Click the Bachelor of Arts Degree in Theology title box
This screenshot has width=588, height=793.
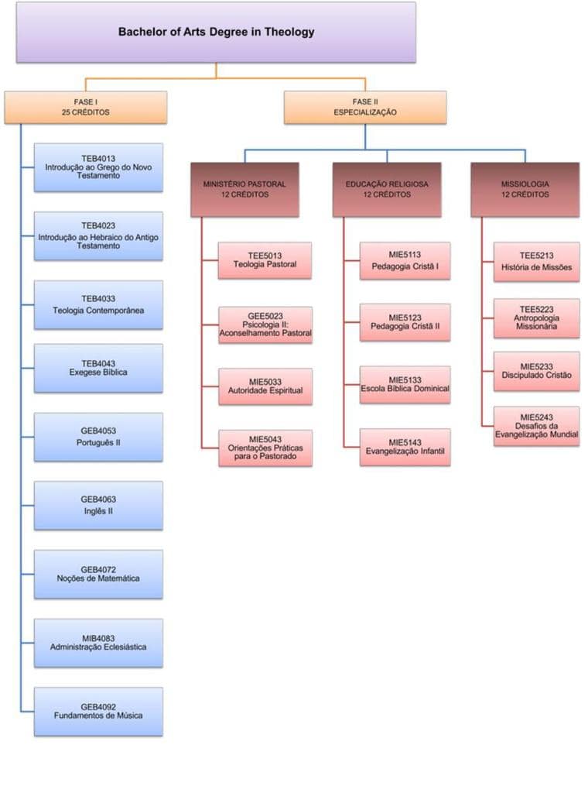tap(216, 33)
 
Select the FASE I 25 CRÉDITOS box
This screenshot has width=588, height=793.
tap(85, 108)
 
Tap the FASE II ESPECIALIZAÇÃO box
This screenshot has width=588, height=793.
tap(365, 108)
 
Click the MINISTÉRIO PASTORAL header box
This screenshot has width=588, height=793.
tap(244, 190)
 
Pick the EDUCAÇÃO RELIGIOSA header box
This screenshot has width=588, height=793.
tap(387, 190)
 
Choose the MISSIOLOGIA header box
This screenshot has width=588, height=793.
tap(525, 190)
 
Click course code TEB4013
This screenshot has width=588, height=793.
tap(98, 158)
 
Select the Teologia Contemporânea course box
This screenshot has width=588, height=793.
tap(98, 305)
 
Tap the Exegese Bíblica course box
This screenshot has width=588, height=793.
tap(98, 369)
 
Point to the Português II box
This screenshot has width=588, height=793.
tap(98, 438)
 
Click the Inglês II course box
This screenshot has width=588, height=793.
tap(98, 506)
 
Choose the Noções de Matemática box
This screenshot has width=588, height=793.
tap(98, 574)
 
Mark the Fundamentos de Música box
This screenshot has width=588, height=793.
tap(98, 711)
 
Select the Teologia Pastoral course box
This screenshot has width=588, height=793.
tap(265, 260)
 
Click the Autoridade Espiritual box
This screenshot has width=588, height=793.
tap(265, 386)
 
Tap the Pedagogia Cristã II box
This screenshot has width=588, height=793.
tap(405, 322)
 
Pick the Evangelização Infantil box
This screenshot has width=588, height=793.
tap(405, 447)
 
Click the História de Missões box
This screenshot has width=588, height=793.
tap(537, 263)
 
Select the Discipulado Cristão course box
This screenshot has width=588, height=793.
tap(537, 371)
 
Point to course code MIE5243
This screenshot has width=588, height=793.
tap(537, 417)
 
